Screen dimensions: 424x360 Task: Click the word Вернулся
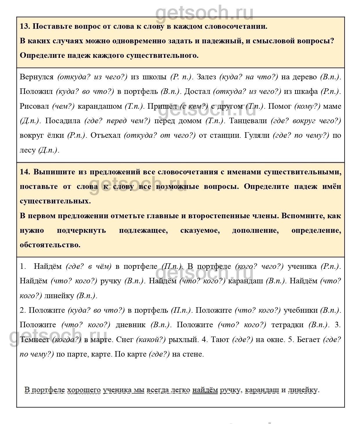coord(37,77)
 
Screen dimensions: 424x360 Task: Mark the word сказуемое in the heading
coord(200,230)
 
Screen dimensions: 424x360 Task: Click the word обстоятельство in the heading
coord(50,245)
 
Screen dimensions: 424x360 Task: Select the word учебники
coord(300,310)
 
